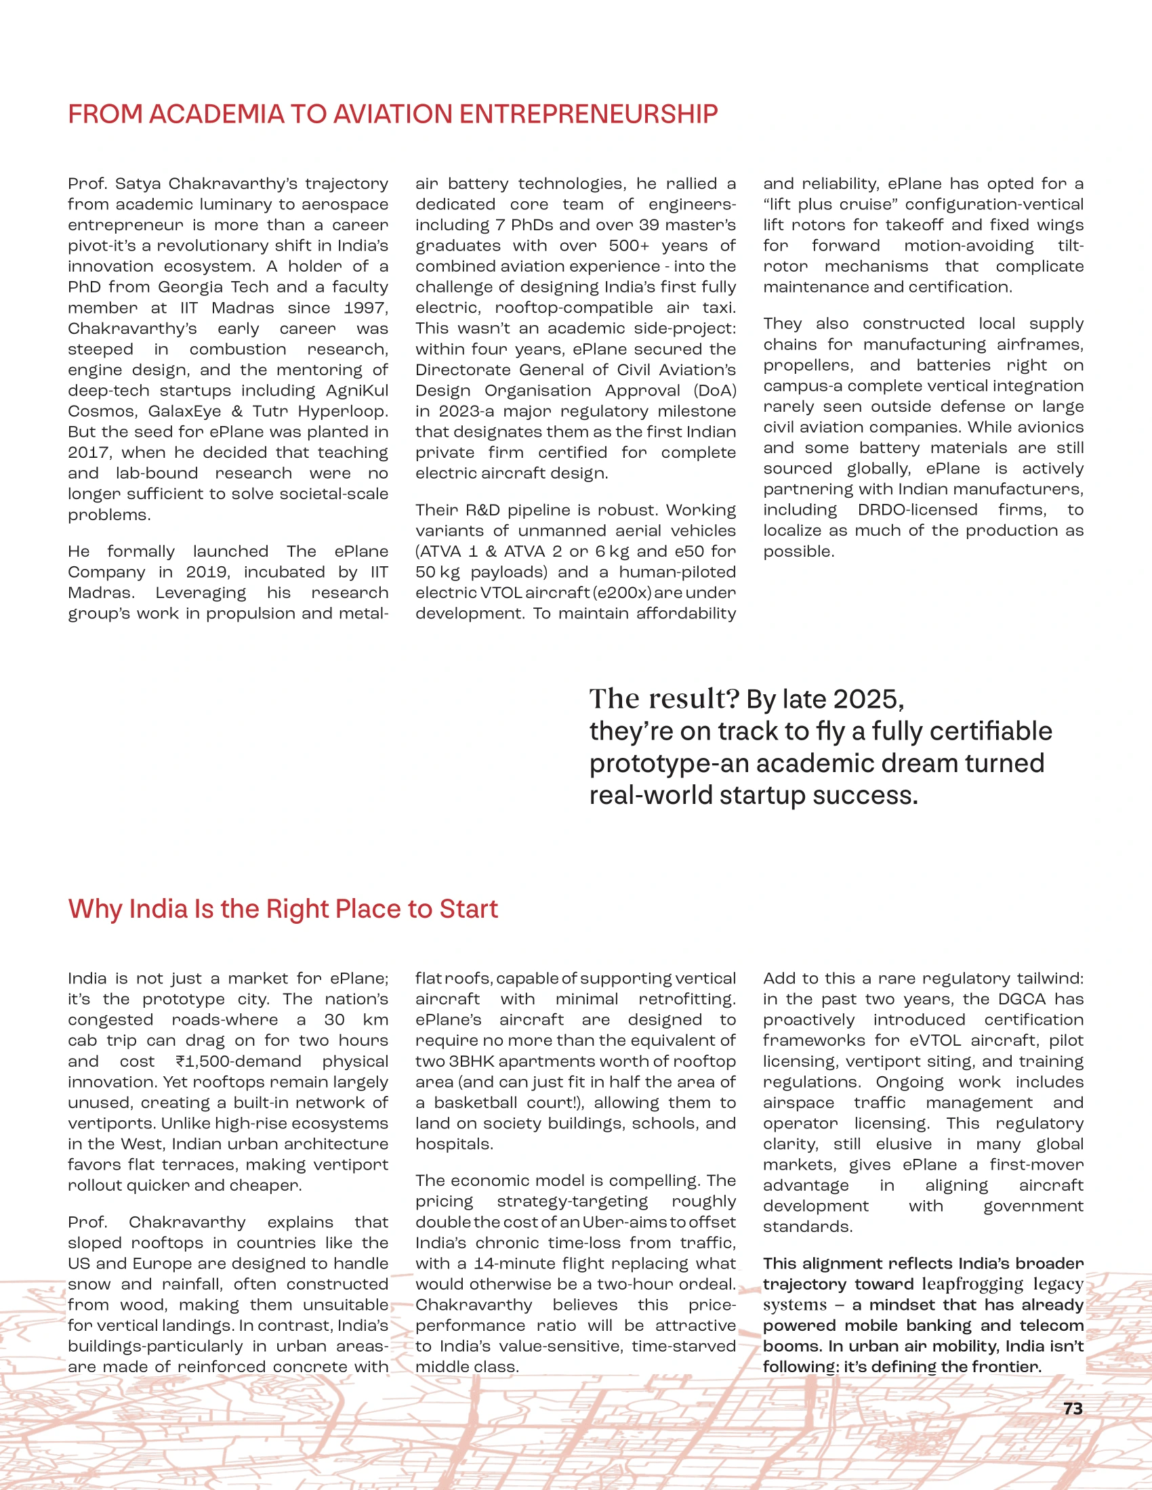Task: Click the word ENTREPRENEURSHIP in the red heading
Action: tap(588, 114)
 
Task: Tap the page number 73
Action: tap(1073, 1409)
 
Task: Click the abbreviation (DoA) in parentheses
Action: tap(714, 391)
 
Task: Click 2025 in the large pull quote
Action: tap(868, 700)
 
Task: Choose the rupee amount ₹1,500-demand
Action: tap(238, 1061)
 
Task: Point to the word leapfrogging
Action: tap(972, 1284)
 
